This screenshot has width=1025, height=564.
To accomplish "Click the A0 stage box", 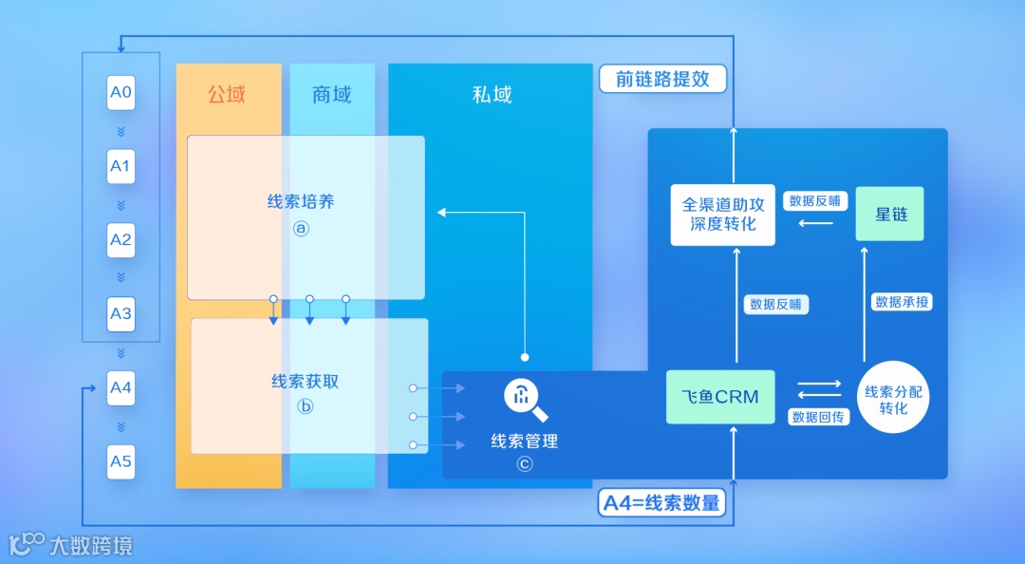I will pos(121,93).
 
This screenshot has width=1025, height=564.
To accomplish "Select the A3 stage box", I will pos(121,313).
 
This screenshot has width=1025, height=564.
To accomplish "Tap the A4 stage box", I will pos(121,387).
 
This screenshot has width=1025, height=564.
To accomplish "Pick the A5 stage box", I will pos(121,461).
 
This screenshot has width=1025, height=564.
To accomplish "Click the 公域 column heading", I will pos(227,94).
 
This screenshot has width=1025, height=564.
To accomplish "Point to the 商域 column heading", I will pos(331,94).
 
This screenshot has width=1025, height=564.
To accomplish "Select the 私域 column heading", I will pos(492,94).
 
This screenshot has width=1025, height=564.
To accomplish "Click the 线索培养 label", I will pos(301,202).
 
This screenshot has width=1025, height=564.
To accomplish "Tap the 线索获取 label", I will pos(305,382).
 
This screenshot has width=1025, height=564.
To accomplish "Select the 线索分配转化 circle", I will pos(893,399).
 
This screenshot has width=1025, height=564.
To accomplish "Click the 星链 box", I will pos(890,214).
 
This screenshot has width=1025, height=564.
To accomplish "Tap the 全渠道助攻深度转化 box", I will pos(723,214).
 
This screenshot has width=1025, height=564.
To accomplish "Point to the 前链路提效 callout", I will pos(662,79).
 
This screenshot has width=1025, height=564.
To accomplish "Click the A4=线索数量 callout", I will pos(662,502).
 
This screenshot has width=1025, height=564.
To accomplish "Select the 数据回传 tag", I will pos(819,417).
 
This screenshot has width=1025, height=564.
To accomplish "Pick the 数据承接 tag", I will pos(903,302).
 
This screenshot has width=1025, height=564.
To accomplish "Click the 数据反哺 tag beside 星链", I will pos(814,201).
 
